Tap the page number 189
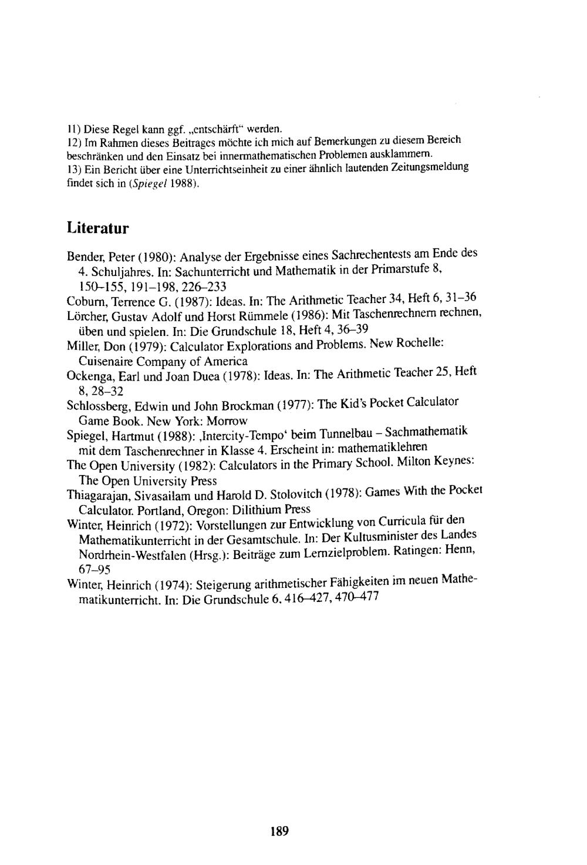tap(280, 830)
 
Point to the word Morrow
tap(228, 420)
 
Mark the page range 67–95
tap(95, 570)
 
